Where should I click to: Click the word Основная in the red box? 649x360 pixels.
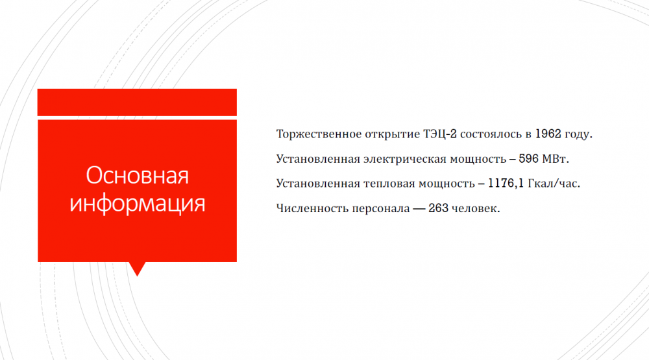(x=138, y=175)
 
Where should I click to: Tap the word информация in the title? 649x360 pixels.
(x=138, y=203)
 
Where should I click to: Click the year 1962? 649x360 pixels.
(x=548, y=134)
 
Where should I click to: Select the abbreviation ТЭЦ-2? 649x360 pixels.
(x=439, y=134)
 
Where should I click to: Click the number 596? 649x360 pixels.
(x=528, y=158)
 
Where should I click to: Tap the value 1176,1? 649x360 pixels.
(x=506, y=184)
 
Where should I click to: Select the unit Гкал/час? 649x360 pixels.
(x=552, y=184)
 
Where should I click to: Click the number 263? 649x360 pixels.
(x=438, y=208)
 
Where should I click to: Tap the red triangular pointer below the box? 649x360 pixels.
(x=138, y=269)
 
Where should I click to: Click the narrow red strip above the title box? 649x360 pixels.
(x=137, y=102)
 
